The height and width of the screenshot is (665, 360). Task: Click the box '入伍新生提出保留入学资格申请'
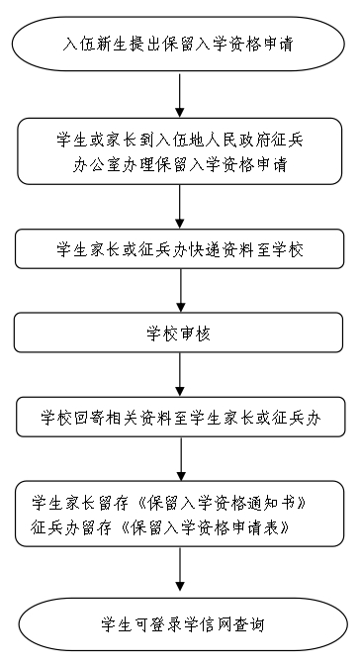180,45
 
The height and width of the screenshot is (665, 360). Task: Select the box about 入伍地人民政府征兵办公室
180,151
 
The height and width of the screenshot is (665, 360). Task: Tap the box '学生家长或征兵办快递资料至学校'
180,248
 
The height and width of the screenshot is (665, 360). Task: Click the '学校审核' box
180,333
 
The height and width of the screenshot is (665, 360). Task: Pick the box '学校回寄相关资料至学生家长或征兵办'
180,419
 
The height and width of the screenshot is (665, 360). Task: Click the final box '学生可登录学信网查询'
180,623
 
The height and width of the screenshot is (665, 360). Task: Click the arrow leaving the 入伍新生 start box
180,94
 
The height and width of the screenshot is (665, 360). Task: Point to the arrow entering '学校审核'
180,291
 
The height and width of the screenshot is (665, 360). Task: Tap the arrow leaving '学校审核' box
180,376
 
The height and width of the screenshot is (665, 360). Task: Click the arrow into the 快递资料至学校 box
180,205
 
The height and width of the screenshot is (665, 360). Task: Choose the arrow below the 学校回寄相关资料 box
180,459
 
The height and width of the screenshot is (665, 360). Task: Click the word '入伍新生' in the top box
92,45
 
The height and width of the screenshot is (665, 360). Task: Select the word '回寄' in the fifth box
86,419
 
